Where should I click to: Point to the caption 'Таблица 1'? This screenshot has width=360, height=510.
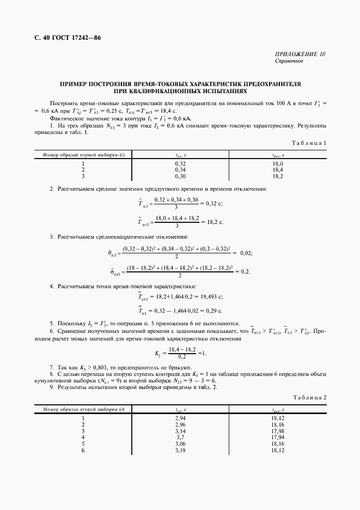309,143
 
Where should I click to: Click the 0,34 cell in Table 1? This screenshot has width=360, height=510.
180,170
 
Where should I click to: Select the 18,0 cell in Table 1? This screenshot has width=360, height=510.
277,163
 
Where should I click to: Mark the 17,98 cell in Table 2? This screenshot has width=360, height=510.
277,430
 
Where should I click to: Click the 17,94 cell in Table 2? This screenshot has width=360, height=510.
277,437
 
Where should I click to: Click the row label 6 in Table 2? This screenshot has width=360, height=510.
83,450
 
